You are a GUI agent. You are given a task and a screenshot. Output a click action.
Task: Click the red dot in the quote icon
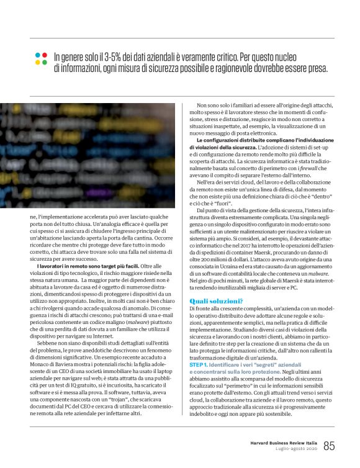(37, 55)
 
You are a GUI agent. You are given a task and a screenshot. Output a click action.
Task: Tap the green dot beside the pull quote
(45, 55)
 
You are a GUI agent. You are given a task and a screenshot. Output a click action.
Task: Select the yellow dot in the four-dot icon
(37, 63)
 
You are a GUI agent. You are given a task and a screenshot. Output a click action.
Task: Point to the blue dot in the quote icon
(45, 63)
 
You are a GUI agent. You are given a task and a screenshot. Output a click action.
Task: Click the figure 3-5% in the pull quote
(111, 56)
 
